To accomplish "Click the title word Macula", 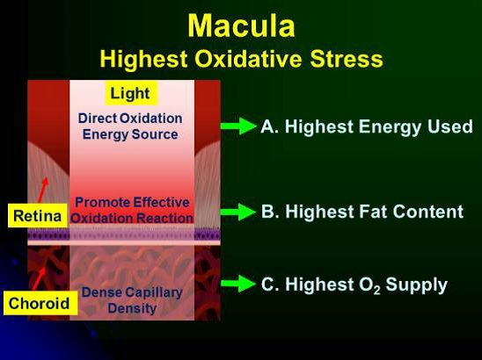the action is tap(241, 26).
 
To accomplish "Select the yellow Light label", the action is tap(131, 93).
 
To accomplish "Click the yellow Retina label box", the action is tap(38, 216).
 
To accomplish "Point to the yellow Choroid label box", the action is tap(40, 303).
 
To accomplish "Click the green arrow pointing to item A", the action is tap(238, 126).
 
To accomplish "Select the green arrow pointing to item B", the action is tap(238, 212).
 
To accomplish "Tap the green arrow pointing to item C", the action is tap(238, 284).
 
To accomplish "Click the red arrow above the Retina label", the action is tap(43, 190).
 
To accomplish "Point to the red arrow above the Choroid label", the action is tap(40, 278).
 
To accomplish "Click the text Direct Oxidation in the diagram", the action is tap(130, 119).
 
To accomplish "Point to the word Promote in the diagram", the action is tap(101, 203).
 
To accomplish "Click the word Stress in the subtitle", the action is tap(347, 59).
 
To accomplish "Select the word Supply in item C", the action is tap(417, 285).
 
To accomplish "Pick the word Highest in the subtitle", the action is tap(143, 59).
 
